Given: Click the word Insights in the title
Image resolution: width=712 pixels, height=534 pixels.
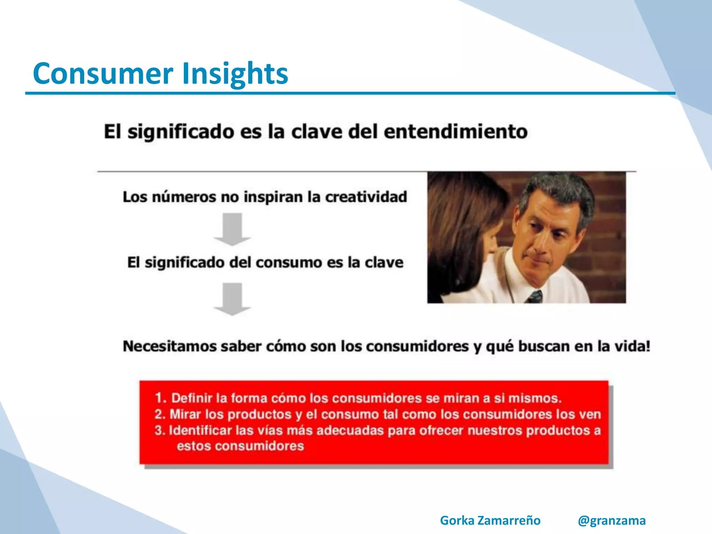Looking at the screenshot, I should coord(235,74).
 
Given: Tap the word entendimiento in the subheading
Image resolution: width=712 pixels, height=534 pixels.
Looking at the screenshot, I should coord(455,132).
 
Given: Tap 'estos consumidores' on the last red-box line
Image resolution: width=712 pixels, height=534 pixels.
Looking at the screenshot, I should coord(240,446).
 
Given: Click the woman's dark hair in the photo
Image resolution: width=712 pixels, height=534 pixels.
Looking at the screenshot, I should coord(455,216).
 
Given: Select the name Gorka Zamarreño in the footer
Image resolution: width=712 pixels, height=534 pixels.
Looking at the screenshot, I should coord(490,520).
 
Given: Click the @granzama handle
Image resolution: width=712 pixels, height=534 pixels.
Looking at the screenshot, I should coord(612,520).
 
